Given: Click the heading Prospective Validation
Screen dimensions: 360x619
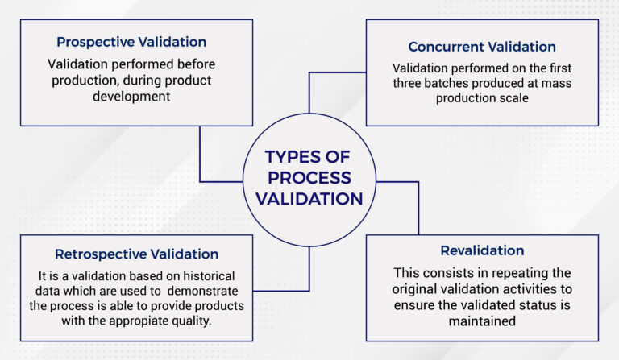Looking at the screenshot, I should tap(131, 41).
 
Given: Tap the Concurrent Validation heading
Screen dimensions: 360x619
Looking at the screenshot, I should tap(482, 47).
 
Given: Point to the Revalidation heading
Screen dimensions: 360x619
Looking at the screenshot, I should tap(482, 250).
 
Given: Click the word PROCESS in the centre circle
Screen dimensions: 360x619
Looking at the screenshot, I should tap(309, 177).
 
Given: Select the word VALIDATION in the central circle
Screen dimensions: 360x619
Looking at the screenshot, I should tap(309, 197).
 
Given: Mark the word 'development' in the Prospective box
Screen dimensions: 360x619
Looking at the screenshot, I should tap(131, 97).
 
